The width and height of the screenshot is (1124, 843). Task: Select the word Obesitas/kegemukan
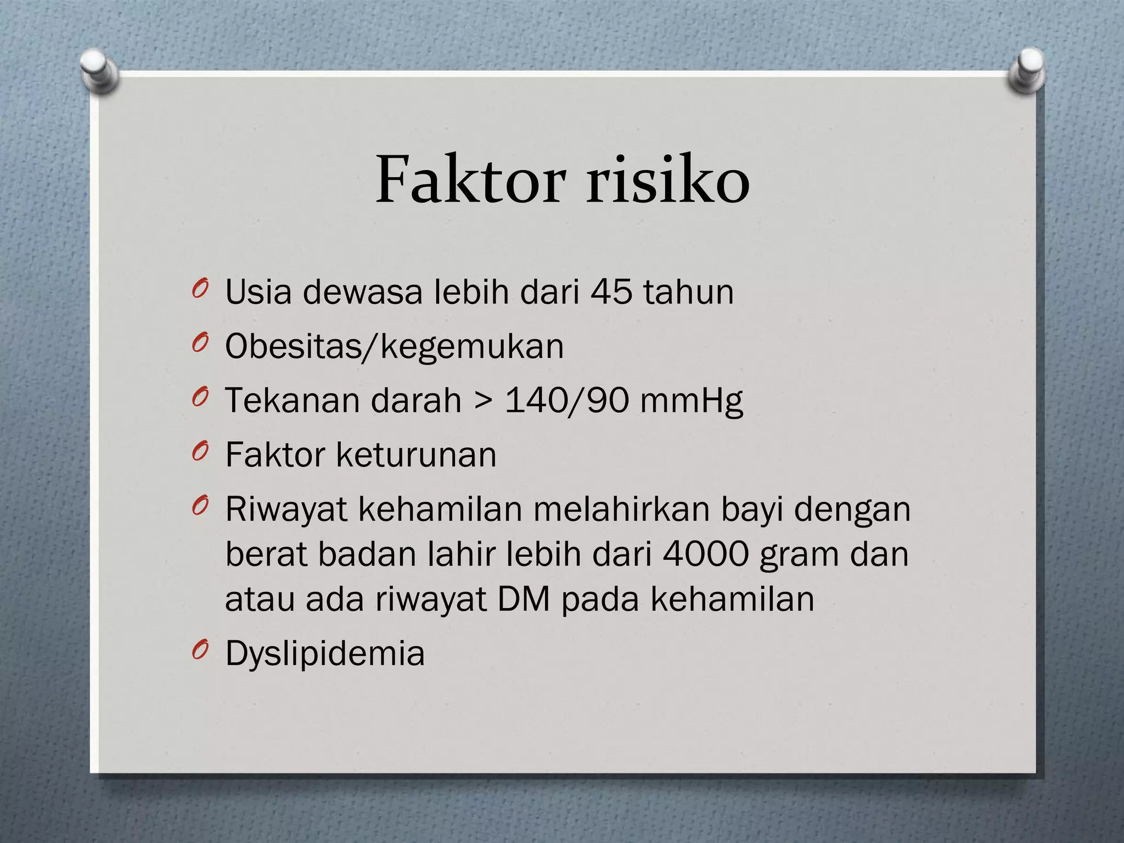tap(394, 347)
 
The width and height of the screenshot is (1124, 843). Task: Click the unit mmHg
tap(691, 401)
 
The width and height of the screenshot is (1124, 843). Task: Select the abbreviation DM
tap(524, 599)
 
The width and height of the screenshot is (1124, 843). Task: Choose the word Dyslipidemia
tap(325, 654)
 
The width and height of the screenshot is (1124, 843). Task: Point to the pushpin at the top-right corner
tap(1027, 70)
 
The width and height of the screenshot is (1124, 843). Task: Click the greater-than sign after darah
tap(482, 401)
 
